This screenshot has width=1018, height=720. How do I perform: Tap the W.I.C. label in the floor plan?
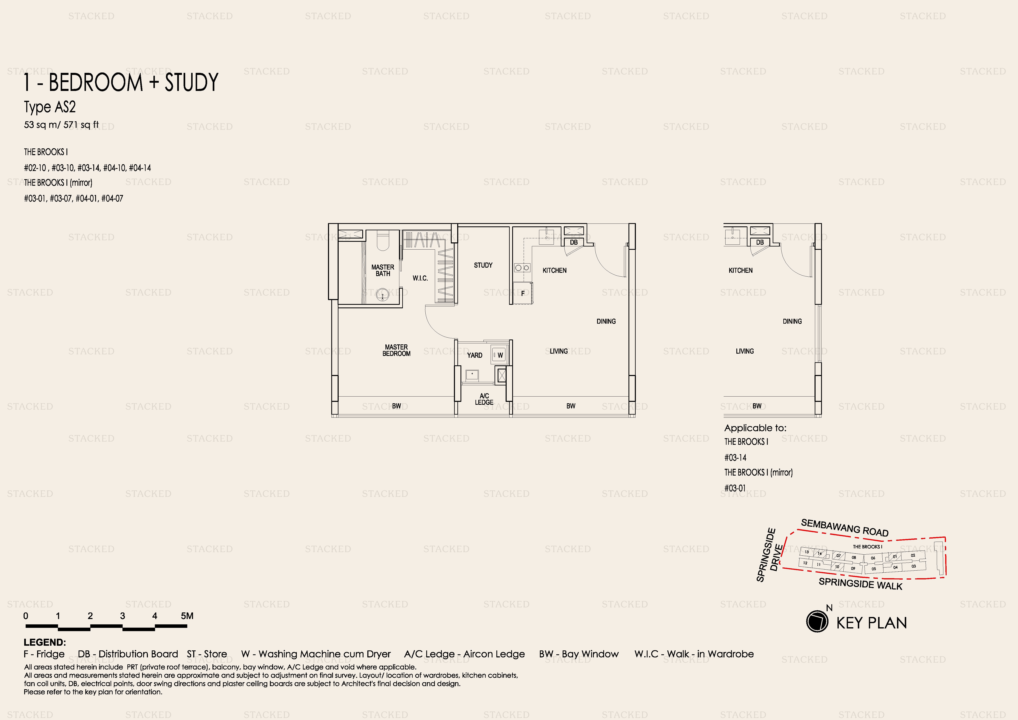click(420, 278)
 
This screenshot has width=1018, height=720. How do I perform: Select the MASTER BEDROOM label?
click(396, 351)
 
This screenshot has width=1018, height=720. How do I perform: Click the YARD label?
click(474, 355)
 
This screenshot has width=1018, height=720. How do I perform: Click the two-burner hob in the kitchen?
click(522, 267)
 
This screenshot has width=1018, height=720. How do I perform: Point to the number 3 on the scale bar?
click(122, 616)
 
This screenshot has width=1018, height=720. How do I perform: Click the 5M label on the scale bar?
click(187, 616)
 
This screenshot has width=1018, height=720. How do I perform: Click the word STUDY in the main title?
click(192, 83)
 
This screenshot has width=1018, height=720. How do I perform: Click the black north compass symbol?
click(817, 621)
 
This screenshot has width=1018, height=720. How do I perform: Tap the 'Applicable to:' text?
click(755, 428)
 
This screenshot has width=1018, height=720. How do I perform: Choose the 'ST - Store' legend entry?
click(207, 654)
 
